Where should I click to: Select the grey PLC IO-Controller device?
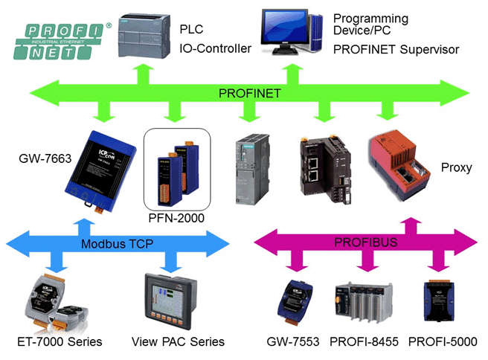tap(144, 36)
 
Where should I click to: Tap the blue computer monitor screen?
tap(284, 28)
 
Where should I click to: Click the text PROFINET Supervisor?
tap(396, 50)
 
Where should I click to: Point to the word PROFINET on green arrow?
tap(250, 93)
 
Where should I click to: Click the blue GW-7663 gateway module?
tap(100, 172)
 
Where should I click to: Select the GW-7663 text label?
tap(45, 158)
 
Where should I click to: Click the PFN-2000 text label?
tap(176, 218)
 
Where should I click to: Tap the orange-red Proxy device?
tap(399, 165)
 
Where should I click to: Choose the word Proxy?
tap(457, 167)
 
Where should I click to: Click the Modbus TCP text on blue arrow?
tap(117, 244)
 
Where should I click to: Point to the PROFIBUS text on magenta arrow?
tap(366, 242)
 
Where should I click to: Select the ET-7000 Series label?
tap(60, 341)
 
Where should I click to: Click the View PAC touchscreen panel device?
tap(171, 301)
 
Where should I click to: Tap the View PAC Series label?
tap(178, 341)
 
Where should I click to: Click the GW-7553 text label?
tap(293, 341)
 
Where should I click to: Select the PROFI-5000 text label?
tap(443, 341)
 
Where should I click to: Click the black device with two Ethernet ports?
tap(326, 169)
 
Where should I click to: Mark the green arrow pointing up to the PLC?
tap(144, 74)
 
